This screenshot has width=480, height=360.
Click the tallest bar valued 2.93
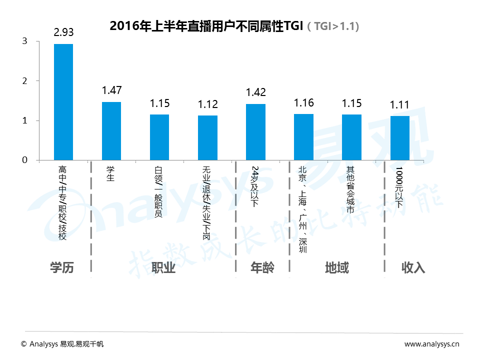point(63,102)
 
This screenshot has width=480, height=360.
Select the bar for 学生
point(111,131)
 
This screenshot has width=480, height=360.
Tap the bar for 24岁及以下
point(255,132)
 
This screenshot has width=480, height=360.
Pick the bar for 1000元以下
point(399,138)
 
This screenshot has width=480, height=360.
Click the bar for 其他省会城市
point(351,137)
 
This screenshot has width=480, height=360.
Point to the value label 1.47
point(111,90)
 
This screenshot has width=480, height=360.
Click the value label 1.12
point(207,104)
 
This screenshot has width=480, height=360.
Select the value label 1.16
point(303,102)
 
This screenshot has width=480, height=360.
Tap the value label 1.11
point(399,104)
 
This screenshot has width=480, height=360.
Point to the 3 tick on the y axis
point(24,41)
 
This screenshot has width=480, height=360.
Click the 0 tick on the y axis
point(24,160)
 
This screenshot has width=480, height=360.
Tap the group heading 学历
point(62,267)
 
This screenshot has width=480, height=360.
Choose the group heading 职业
point(163,267)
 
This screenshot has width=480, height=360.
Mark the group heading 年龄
point(262,267)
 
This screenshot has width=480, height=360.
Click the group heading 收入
point(413,267)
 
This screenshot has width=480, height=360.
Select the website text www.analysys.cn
point(432,344)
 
